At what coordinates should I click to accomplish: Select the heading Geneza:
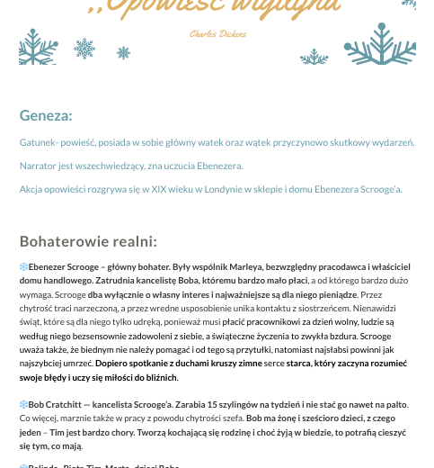46,115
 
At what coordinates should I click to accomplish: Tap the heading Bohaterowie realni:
88,241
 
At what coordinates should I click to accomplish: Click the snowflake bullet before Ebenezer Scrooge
23,267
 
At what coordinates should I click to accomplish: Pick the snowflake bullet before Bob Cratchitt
23,405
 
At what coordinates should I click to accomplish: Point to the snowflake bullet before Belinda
23,465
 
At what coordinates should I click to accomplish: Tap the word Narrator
39,166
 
